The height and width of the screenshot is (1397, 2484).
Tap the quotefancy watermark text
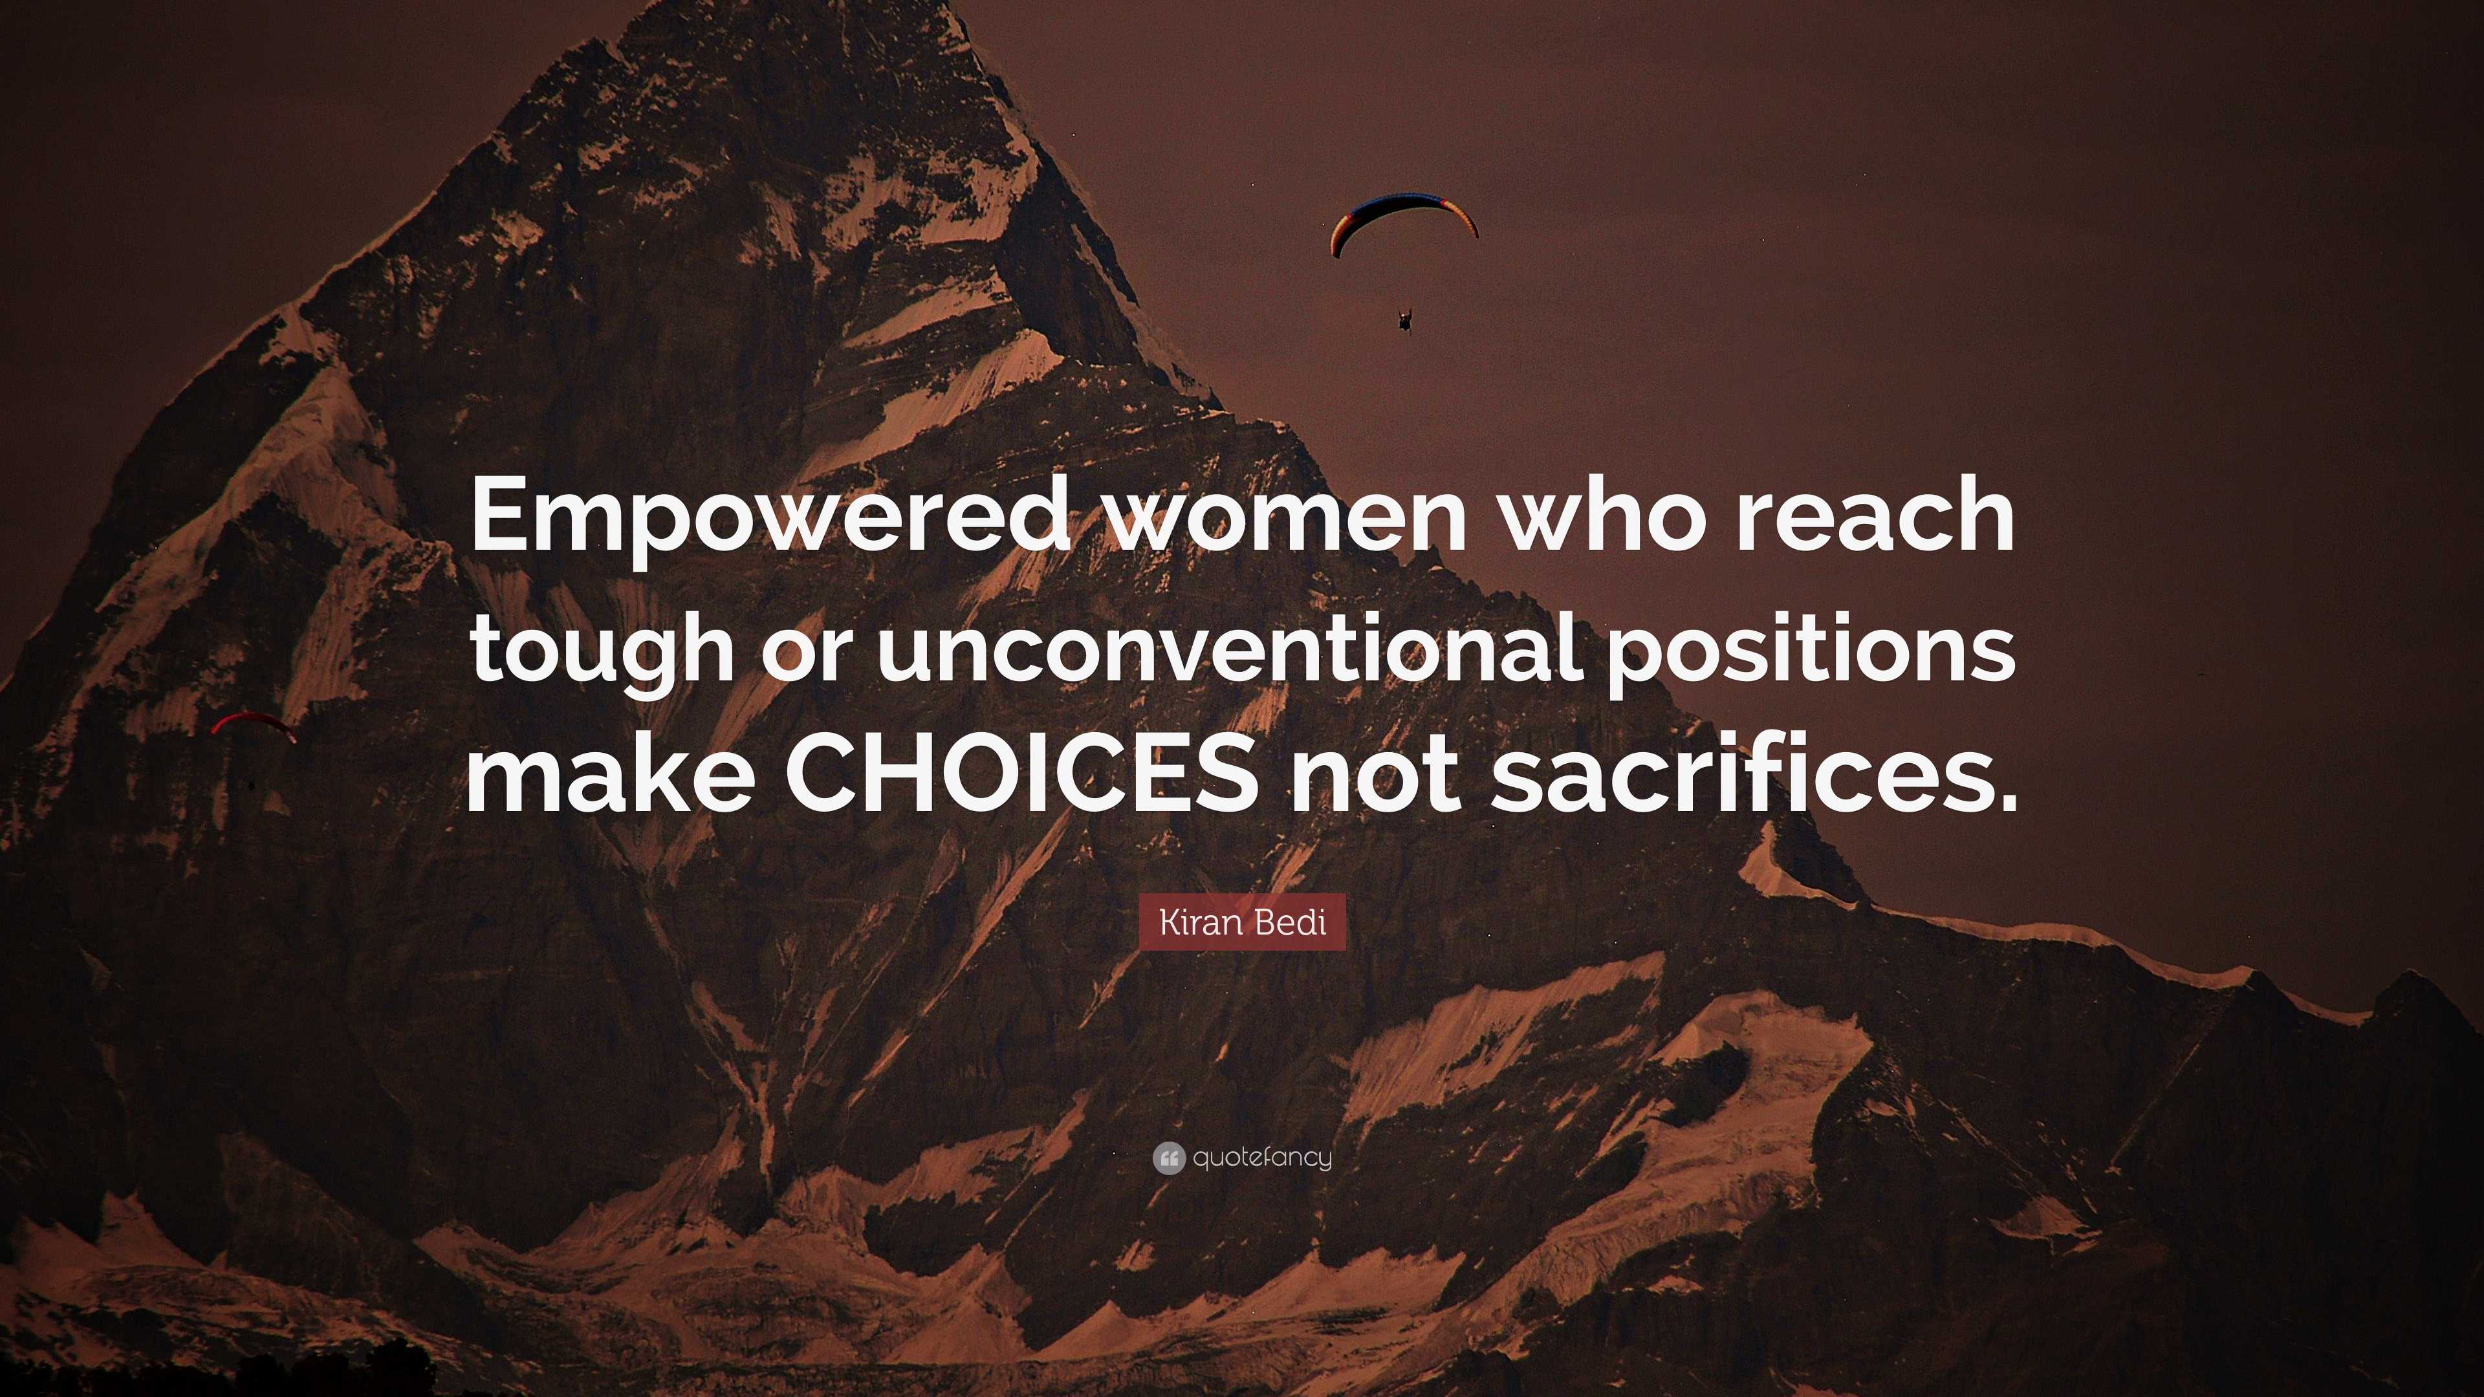pos(1262,1158)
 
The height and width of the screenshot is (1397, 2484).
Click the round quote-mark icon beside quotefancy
pos(1168,1158)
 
